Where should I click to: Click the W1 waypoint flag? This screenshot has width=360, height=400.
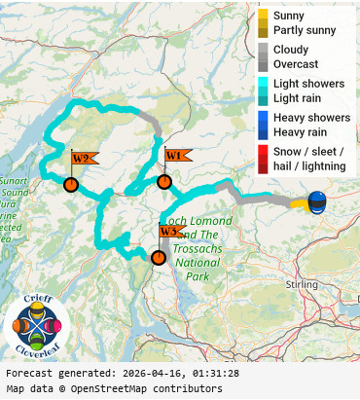point(176,156)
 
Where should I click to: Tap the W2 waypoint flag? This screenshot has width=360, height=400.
point(82,159)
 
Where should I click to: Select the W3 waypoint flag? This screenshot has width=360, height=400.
point(170,232)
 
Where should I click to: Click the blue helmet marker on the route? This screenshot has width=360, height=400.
point(317,202)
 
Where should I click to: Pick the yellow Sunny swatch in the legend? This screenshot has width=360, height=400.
point(263,16)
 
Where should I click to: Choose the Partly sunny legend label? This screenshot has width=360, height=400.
point(305,31)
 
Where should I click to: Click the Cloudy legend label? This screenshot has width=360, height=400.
point(291,50)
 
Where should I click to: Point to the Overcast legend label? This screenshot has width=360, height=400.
point(296,64)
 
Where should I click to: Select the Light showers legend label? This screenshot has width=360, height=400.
point(308,84)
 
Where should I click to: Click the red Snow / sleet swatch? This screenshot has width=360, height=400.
point(263,159)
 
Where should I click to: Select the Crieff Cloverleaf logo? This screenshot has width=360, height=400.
point(37,328)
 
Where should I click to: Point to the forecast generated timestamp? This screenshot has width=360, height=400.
point(122,373)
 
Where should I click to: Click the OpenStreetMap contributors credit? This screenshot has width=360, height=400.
point(122,389)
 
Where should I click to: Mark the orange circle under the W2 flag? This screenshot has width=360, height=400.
point(70,184)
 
